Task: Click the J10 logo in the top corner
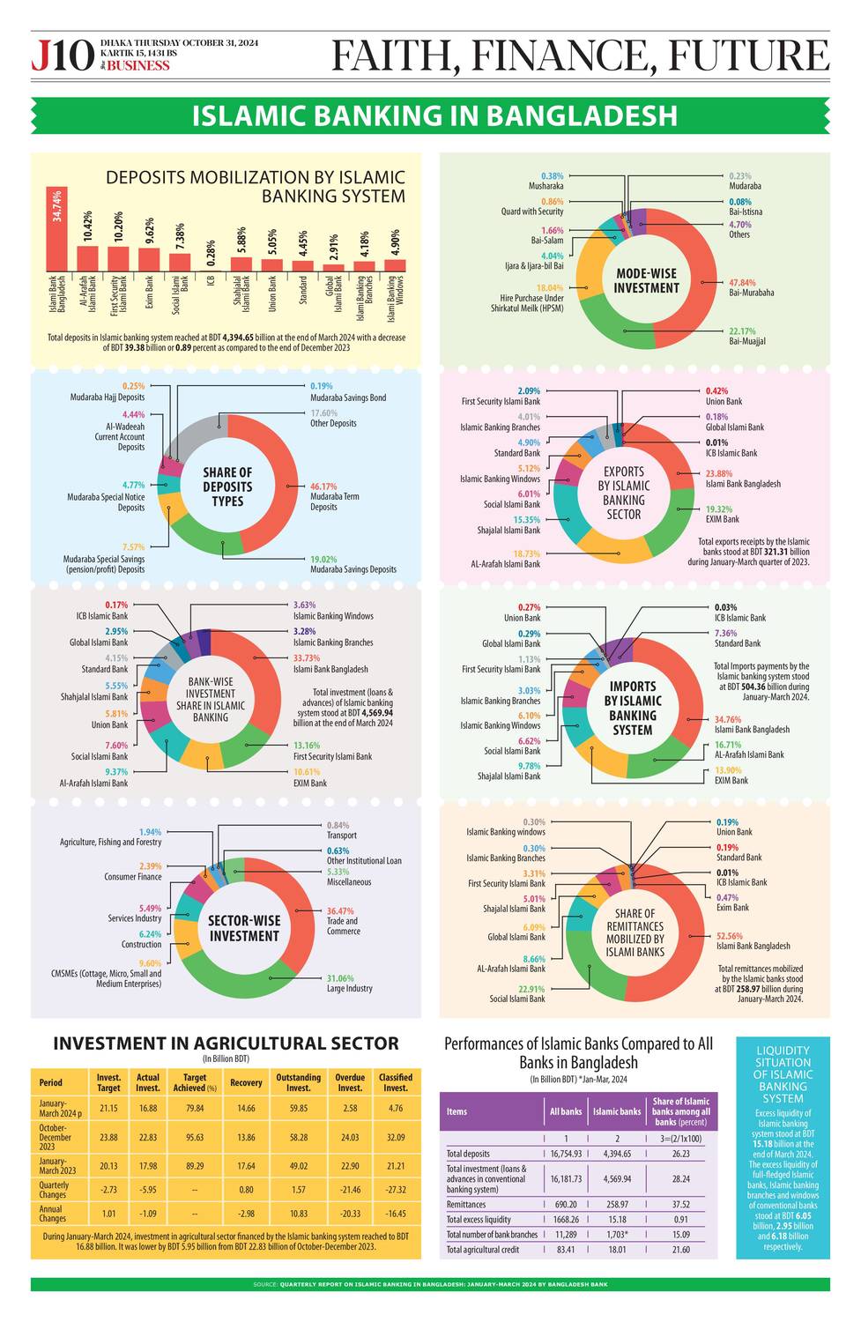tap(62, 56)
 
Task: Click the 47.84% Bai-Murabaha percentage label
tap(741, 283)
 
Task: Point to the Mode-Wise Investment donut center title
tap(646, 280)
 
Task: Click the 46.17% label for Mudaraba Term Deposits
tap(323, 486)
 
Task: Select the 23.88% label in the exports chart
tap(719, 473)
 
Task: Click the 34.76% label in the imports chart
tap(728, 719)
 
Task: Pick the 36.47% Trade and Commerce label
tap(340, 911)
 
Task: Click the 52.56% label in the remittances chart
tap(730, 936)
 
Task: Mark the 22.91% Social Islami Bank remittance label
tap(531, 989)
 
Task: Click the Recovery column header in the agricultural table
tap(246, 1082)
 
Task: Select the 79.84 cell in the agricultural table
tap(195, 1108)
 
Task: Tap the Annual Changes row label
tap(52, 1214)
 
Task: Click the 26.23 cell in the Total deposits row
tap(680, 1154)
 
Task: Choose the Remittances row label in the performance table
tap(466, 1204)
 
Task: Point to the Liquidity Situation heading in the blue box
tap(783, 1074)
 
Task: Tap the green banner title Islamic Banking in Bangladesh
tap(434, 115)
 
